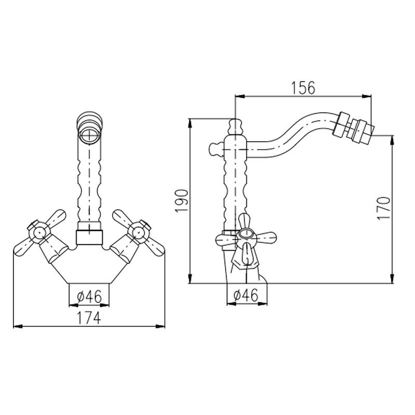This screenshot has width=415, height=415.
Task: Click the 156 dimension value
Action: click(303, 88)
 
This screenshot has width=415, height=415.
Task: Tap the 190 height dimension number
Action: click(182, 201)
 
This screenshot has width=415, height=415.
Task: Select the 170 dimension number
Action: click(384, 208)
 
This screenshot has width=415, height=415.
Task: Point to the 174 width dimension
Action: click(89, 317)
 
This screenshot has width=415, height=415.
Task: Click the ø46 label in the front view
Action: click(89, 296)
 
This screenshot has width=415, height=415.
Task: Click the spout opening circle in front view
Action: click(89, 137)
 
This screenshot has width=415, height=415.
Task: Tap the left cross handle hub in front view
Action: click(39, 233)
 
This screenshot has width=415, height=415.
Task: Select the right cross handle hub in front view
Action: click(139, 232)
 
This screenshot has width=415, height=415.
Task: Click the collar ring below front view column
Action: click(89, 237)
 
